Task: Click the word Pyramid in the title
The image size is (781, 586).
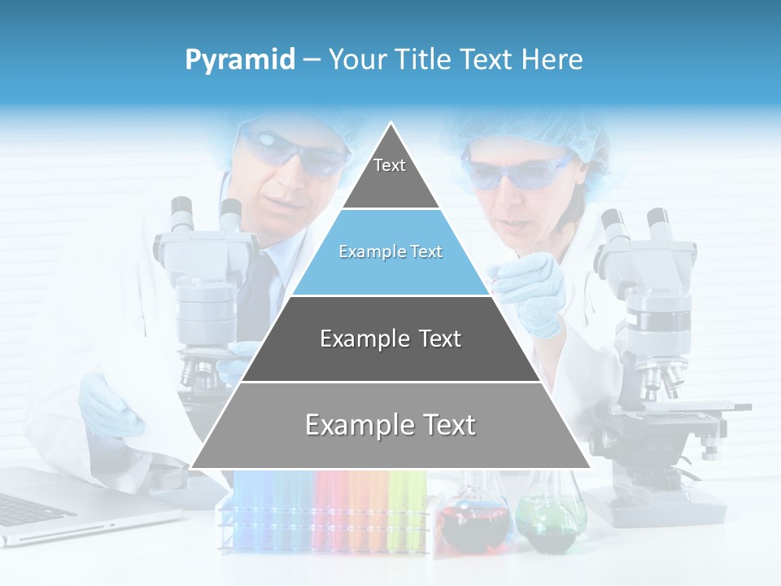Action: click(x=240, y=60)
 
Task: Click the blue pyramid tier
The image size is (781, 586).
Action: click(x=390, y=252)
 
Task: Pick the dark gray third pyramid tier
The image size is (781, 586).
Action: click(x=390, y=339)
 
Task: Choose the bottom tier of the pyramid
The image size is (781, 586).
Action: click(x=390, y=425)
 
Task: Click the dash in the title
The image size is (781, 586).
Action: click(x=311, y=60)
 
